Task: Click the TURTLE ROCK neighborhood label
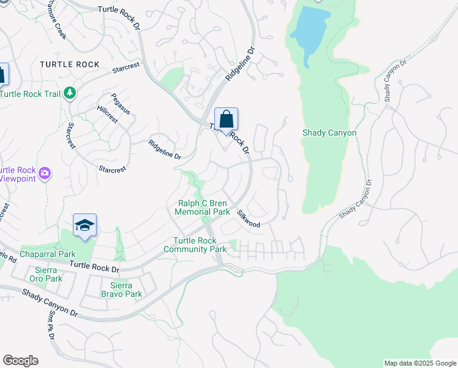69,64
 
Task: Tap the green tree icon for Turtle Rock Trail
71,93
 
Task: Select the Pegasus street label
121,103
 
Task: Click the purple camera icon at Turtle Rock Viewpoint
44,174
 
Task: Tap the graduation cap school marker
84,225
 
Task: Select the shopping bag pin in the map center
226,120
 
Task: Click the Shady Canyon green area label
329,132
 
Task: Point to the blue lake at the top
309,31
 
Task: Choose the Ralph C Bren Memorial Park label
202,207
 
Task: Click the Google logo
20,361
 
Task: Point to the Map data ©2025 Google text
419,363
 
